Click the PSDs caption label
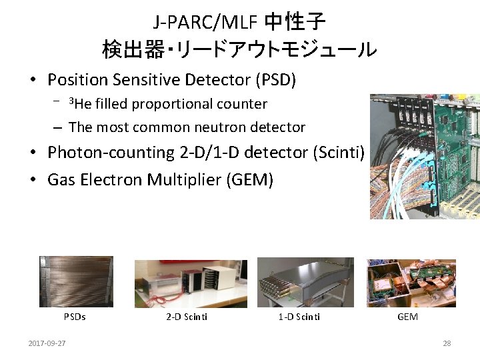(x=75, y=317)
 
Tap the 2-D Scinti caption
(x=187, y=317)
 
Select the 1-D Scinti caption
(x=299, y=317)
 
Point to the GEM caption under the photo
(x=407, y=317)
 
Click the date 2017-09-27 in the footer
(x=47, y=343)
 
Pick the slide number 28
(x=447, y=343)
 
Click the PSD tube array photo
(x=76, y=281)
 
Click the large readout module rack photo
(x=425, y=157)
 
